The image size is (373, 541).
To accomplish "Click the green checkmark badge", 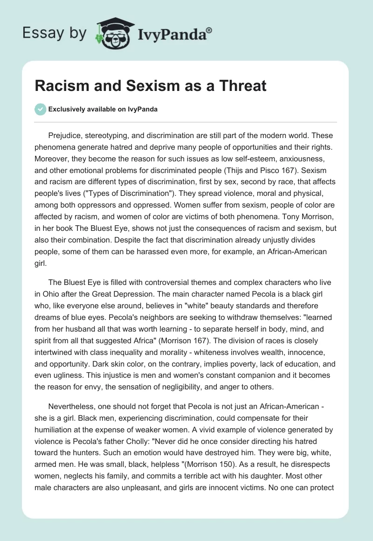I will coord(41,109).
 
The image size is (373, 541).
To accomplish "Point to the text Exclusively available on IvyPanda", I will coord(103,109).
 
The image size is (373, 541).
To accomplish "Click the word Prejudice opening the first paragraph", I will coord(65,136).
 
